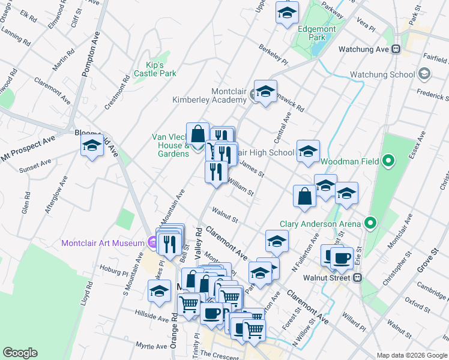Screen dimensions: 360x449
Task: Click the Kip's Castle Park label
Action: point(155,69)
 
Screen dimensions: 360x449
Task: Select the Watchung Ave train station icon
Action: point(396,49)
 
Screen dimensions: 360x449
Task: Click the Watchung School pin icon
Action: point(425,74)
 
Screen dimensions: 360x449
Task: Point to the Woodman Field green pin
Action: point(388,161)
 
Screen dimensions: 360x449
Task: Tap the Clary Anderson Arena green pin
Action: point(370,224)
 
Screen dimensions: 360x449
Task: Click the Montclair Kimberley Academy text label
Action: point(209,95)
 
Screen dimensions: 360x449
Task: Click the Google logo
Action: point(20,353)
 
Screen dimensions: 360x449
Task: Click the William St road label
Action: point(241,188)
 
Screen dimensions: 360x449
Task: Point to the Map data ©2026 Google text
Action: point(411,355)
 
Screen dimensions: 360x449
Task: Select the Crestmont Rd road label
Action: point(116,92)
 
